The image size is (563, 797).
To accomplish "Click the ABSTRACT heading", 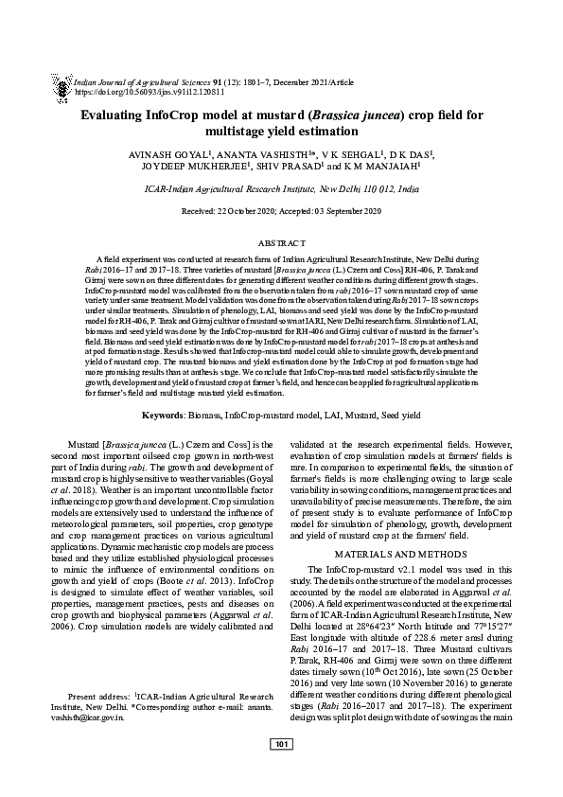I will point(281,243).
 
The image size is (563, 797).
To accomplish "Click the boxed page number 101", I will point(281,771).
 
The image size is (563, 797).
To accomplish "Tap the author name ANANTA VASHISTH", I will point(263,153).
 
